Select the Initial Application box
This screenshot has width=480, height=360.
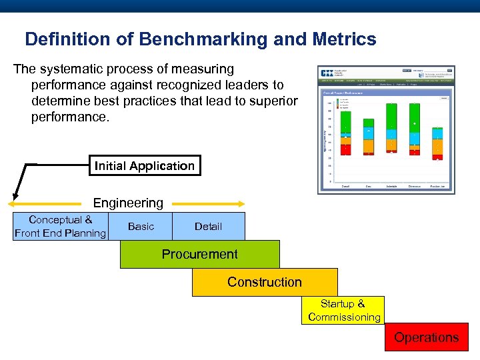point(145,166)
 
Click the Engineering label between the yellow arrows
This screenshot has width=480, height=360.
point(128,203)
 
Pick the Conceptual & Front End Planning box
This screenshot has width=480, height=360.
point(60,227)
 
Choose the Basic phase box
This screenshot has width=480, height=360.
point(141,227)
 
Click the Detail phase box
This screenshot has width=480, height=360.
point(208,227)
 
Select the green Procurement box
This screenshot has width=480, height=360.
point(199,254)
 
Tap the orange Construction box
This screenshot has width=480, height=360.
point(265,282)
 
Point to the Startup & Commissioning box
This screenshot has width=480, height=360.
point(344,311)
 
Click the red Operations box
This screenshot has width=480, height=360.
point(426,337)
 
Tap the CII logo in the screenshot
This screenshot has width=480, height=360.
point(327,73)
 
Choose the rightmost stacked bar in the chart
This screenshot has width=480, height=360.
point(438,141)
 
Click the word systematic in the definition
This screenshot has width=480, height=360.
point(73,69)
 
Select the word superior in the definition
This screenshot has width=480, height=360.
point(275,101)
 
